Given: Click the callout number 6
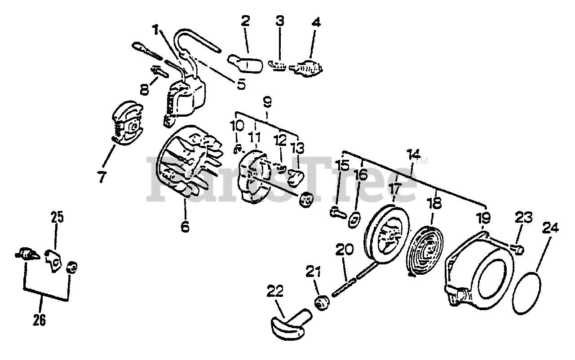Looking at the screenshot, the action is (185, 227).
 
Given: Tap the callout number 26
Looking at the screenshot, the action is (40, 321).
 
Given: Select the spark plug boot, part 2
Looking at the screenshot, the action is (245, 63).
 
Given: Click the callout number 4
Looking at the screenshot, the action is (316, 22).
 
